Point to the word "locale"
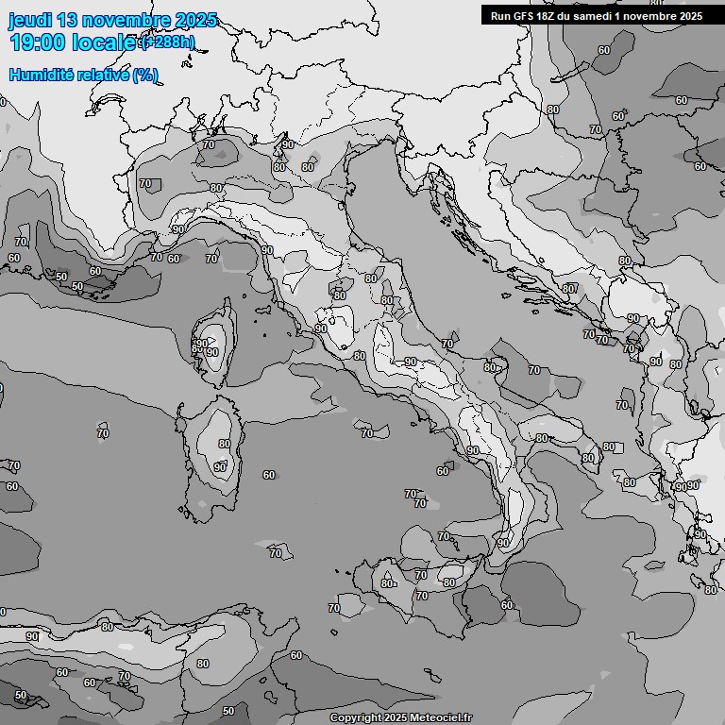pyautogui.click(x=104, y=42)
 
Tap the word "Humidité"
pyautogui.click(x=41, y=75)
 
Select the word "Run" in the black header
pyautogui.click(x=501, y=16)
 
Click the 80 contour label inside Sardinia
pyautogui.click(x=224, y=444)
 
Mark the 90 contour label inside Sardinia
pyautogui.click(x=219, y=466)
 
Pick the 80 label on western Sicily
pyautogui.click(x=386, y=583)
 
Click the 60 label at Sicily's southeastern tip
pyautogui.click(x=506, y=605)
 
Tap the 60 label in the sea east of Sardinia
pyautogui.click(x=269, y=475)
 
